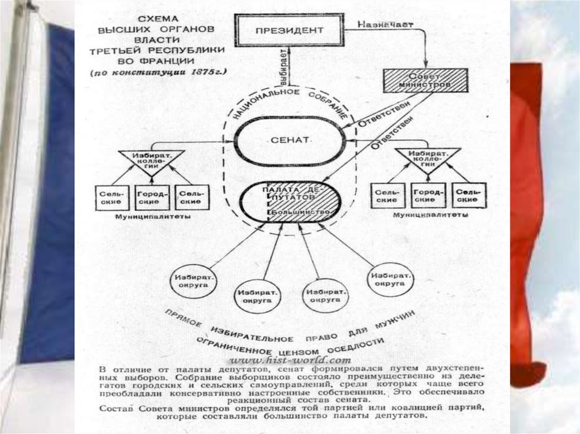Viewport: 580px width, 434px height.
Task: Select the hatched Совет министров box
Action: point(425,80)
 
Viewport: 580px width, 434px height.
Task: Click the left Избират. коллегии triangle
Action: point(150,159)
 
